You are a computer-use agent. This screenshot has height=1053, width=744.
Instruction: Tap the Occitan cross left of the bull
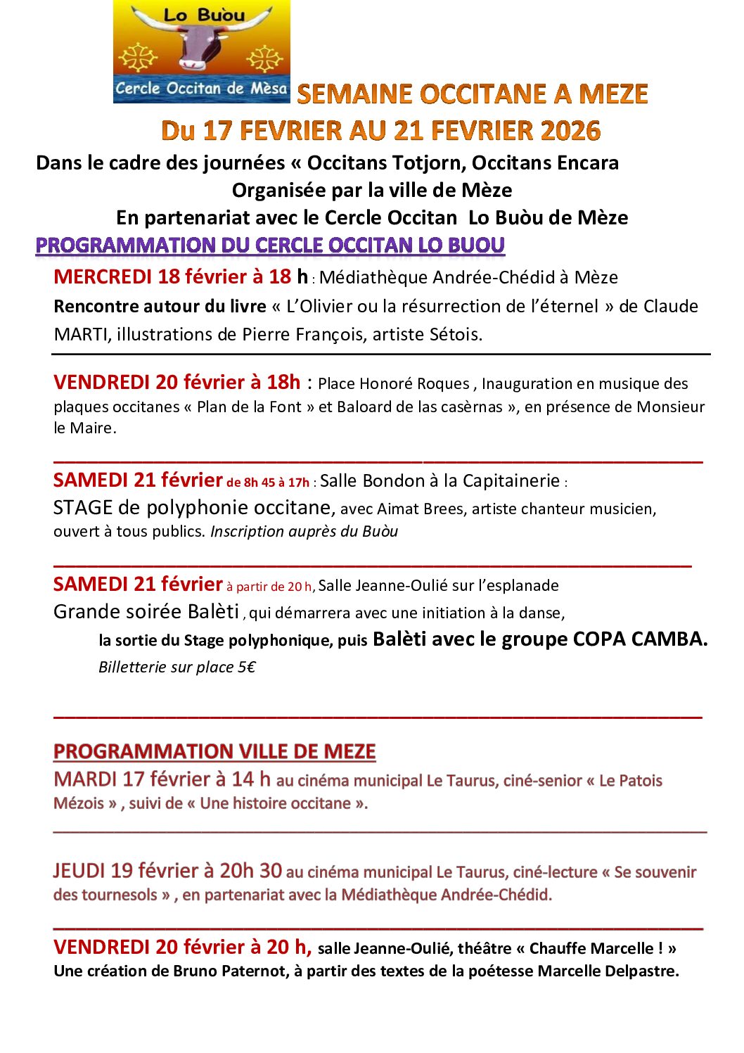pyautogui.click(x=138, y=58)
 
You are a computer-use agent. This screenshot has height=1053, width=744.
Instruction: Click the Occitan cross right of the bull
pyautogui.click(x=265, y=58)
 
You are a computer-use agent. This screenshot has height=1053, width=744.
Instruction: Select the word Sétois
pyautogui.click(x=455, y=334)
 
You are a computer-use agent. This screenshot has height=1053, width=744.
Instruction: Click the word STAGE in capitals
pyautogui.click(x=83, y=508)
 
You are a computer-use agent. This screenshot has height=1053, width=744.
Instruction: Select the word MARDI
pyautogui.click(x=85, y=779)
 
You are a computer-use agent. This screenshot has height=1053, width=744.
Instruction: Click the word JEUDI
pyautogui.click(x=79, y=871)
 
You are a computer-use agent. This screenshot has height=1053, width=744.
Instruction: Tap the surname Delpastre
pyautogui.click(x=642, y=971)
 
